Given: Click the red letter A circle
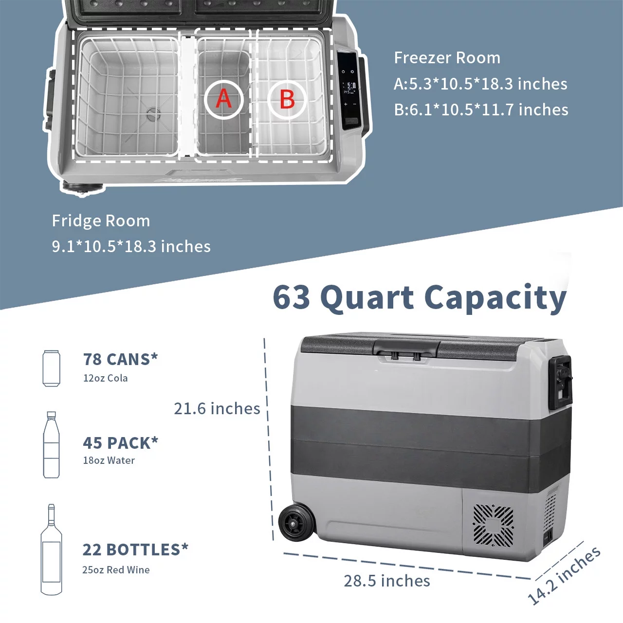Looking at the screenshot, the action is pos(223,99).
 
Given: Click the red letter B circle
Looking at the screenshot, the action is pos(287,99).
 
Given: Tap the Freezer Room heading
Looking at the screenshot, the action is pos(447,58).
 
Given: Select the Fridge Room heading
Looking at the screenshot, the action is pos(101,221).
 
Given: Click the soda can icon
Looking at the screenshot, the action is pos(52,368).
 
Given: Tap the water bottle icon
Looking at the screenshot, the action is pos(52,444).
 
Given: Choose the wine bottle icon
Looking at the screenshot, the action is pos(51,550).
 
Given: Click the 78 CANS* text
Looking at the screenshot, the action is pos(120,359).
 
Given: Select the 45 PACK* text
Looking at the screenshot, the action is pos(120,442).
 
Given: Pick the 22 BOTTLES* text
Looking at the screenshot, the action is pos(135,550).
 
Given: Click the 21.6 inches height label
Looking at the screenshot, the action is pos(217,408).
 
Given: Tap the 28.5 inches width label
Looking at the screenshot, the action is pos(386,581).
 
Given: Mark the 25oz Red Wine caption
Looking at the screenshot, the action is pos(116,569).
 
